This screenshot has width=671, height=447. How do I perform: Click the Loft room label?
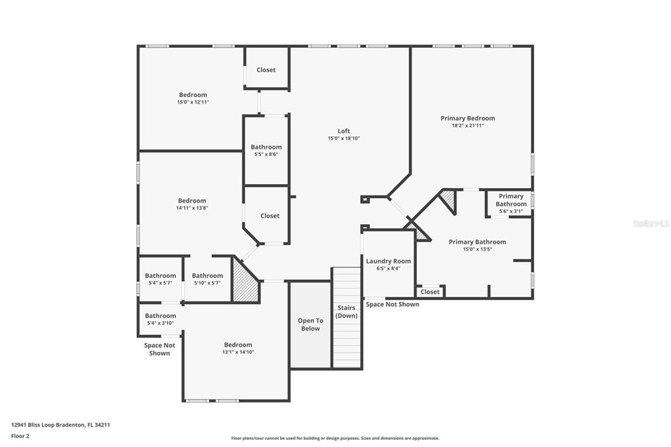click(343, 131)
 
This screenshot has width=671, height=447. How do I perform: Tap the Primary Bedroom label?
click(468, 118)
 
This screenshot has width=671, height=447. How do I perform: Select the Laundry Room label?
click(388, 261)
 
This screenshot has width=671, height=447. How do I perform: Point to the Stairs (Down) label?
click(346, 312)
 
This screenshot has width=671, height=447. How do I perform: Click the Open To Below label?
click(310, 324)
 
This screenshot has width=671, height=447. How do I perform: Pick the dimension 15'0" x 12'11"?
click(193, 102)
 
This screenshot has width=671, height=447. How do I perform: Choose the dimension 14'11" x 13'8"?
click(192, 208)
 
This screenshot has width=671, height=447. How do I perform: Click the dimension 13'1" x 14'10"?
click(238, 353)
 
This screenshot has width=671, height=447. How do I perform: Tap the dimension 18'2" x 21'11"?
click(468, 126)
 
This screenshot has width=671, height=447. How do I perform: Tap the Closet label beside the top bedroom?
click(266, 69)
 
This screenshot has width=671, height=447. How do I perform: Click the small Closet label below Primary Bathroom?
click(430, 292)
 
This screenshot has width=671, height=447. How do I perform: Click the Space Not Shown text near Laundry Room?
click(393, 304)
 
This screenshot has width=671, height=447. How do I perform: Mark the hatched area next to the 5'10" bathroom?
click(245, 280)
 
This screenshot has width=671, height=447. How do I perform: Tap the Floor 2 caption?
click(20, 437)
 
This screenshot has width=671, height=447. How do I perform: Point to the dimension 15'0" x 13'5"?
click(478, 249)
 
